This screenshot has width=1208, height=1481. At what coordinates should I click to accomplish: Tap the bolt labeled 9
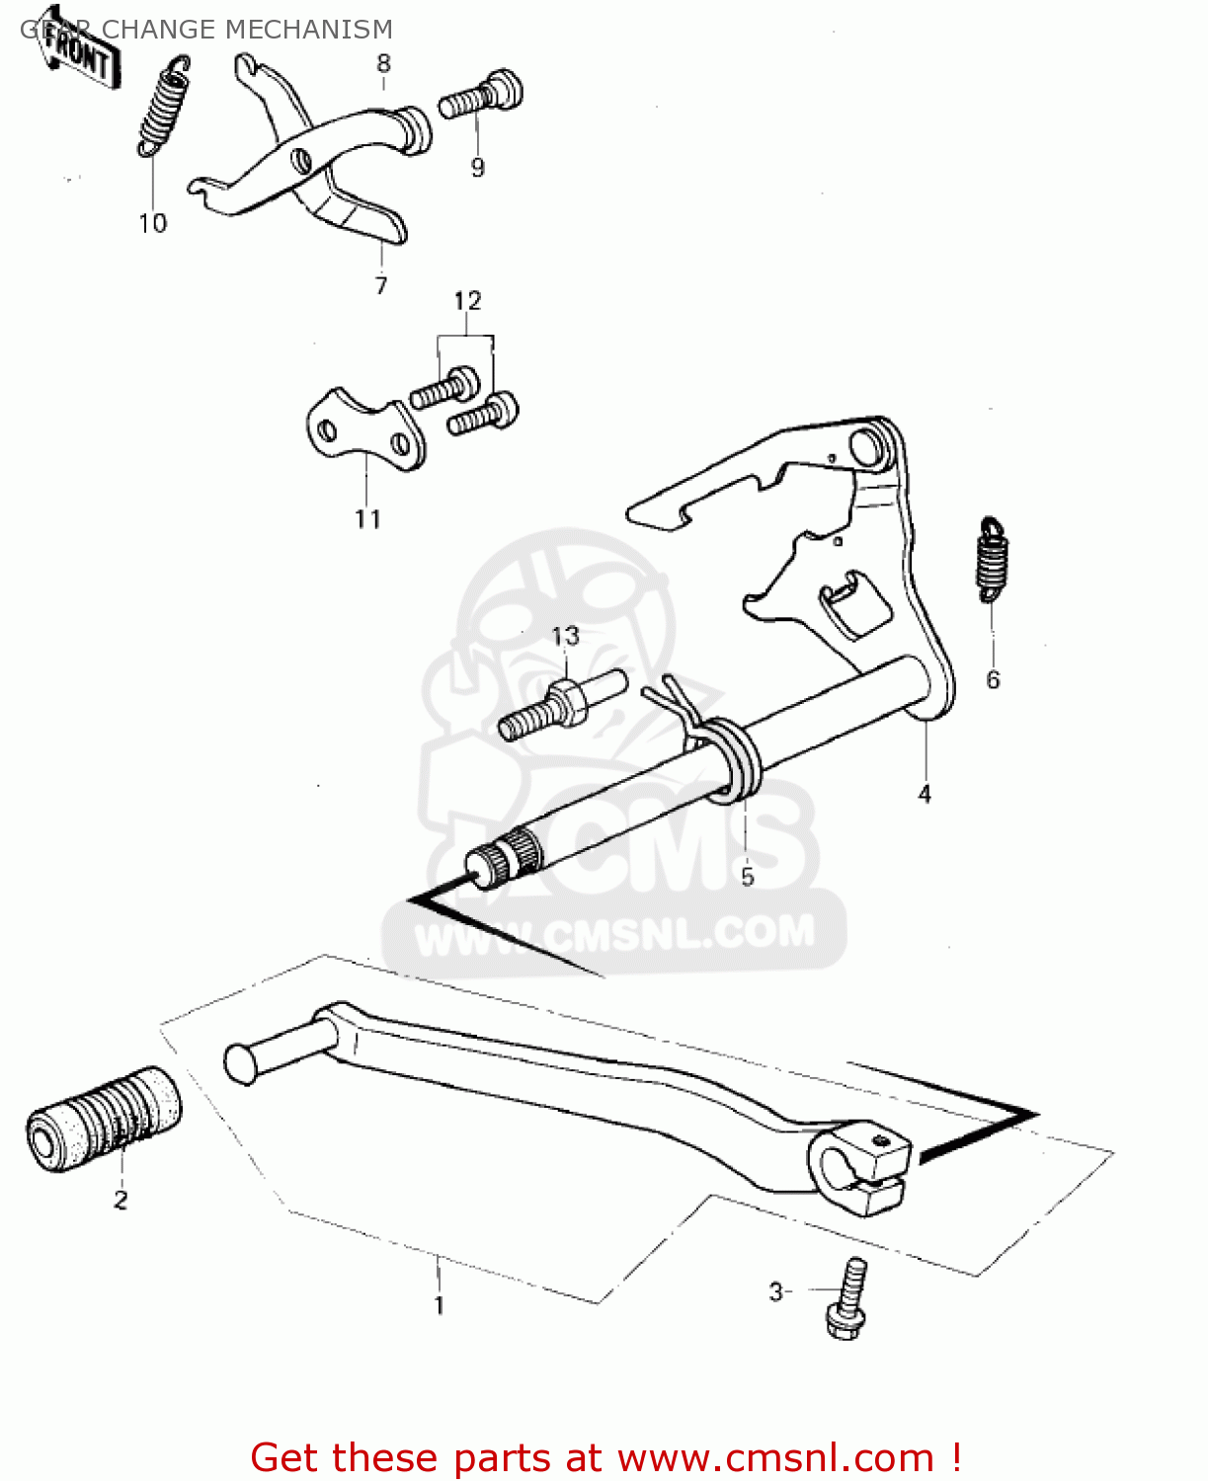pyautogui.click(x=481, y=97)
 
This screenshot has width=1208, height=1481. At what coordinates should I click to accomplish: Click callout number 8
pyautogui.click(x=383, y=64)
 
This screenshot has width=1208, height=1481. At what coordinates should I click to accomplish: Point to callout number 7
pyautogui.click(x=381, y=285)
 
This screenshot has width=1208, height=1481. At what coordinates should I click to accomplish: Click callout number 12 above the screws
pyautogui.click(x=467, y=300)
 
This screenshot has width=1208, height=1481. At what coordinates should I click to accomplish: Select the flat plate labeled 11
pyautogui.click(x=364, y=431)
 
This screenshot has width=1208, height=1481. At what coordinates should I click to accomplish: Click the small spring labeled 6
pyautogui.click(x=992, y=559)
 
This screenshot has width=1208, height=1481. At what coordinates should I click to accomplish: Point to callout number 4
pyautogui.click(x=925, y=794)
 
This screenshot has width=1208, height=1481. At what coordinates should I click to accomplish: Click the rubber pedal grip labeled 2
pyautogui.click(x=104, y=1118)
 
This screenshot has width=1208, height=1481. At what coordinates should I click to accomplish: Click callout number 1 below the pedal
pyautogui.click(x=439, y=1305)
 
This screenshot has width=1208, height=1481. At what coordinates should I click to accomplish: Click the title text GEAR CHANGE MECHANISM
pyautogui.click(x=206, y=30)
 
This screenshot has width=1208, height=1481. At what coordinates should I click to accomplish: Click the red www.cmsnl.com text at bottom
pyautogui.click(x=775, y=1457)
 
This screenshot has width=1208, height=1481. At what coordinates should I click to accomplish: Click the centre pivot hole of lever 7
pyautogui.click(x=300, y=159)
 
